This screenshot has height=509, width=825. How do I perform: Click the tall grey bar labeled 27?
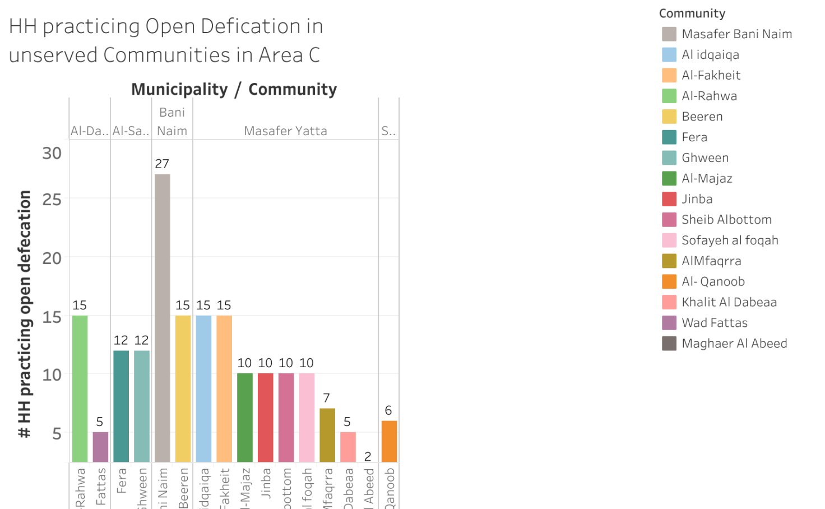[163, 318]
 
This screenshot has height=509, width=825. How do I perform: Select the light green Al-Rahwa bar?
[80, 388]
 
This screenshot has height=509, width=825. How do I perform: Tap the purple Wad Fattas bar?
[101, 447]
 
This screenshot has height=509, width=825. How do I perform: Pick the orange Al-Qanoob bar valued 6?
[389, 441]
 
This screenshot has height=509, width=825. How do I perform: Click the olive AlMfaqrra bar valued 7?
[327, 435]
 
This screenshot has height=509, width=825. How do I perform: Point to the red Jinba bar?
[266, 418]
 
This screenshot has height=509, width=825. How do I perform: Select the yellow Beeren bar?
[183, 388]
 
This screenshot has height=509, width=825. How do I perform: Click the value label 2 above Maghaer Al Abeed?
[368, 456]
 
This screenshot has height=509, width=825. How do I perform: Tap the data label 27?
[162, 164]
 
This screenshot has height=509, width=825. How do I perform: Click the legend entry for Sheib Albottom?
[726, 220]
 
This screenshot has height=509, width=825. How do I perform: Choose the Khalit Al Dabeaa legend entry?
[729, 302]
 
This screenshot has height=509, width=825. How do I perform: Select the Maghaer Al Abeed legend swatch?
[669, 344]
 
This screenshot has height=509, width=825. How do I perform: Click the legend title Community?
[692, 13]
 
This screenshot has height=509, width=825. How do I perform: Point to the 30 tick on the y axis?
[52, 153]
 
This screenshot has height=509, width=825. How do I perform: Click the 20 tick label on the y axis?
[52, 258]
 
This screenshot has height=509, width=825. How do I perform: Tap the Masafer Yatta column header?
[285, 131]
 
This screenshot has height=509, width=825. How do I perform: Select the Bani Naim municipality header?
[172, 121]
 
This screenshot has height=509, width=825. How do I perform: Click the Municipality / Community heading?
[234, 89]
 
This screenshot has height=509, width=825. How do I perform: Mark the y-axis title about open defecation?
[25, 314]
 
